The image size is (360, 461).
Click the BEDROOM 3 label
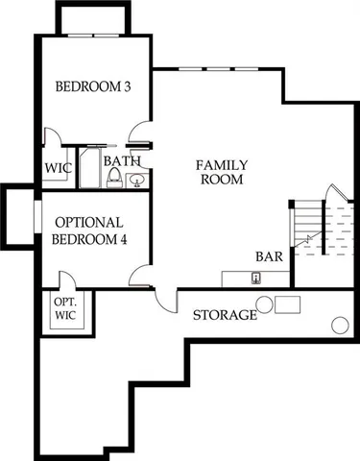(x=92, y=86)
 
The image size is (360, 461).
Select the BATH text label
(x=121, y=160)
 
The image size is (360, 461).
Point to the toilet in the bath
(x=115, y=178)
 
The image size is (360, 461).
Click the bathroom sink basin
(x=136, y=179)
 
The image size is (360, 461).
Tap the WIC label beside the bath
(x=59, y=168)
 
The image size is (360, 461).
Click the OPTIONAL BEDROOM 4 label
(x=88, y=230)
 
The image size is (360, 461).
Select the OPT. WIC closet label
(x=65, y=309)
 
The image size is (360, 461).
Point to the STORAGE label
(x=225, y=315)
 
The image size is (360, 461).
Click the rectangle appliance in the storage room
(x=288, y=305)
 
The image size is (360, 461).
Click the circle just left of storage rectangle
(x=265, y=305)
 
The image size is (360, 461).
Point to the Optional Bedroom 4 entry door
(x=140, y=278)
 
